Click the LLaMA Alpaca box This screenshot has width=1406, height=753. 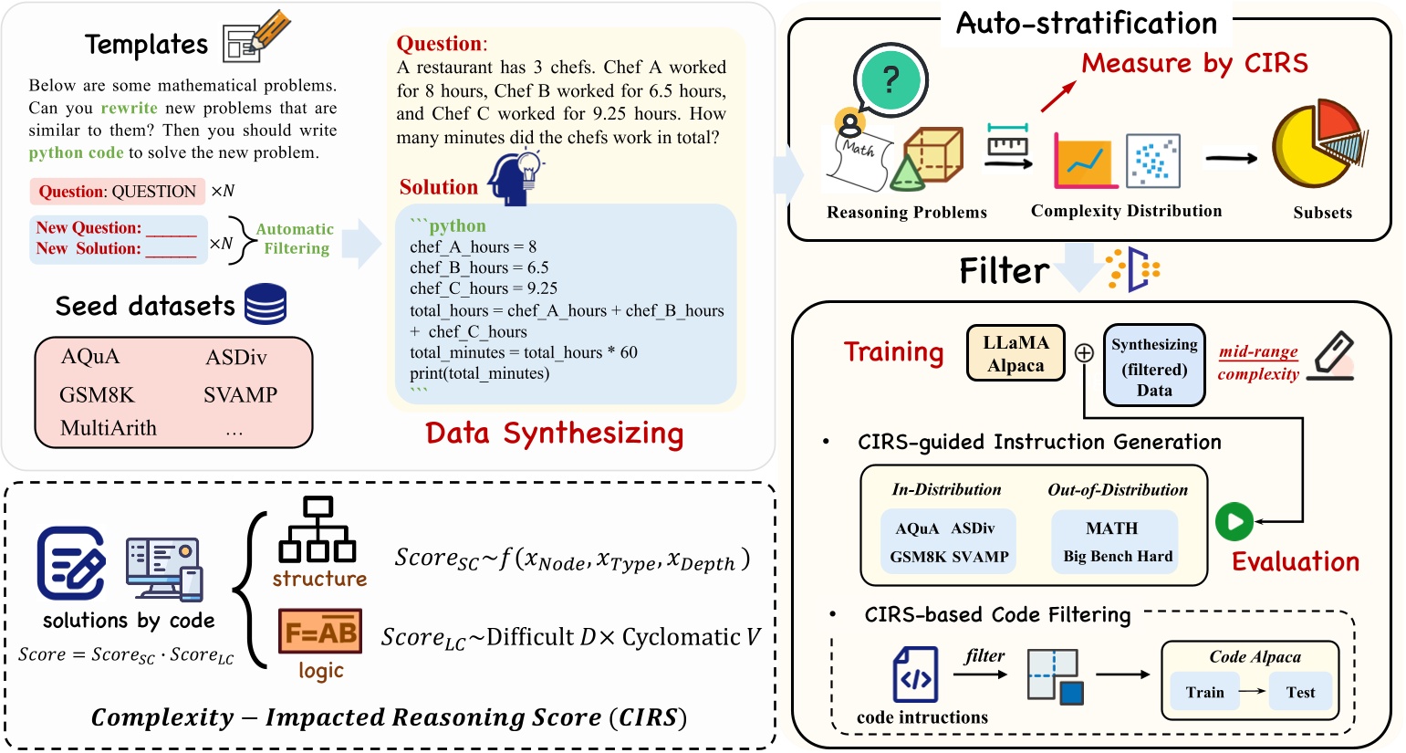coord(1015,353)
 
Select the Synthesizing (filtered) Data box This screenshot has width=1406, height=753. coord(1154,366)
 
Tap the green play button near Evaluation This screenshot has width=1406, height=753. coord(1234,522)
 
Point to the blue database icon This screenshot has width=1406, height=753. coord(266,304)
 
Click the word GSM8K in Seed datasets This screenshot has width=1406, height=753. coord(97,395)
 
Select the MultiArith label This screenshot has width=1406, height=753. coord(109,428)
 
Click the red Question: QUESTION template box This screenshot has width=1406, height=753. coord(117,192)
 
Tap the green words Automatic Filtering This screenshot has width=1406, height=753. coord(295,239)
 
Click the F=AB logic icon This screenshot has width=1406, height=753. coord(320,632)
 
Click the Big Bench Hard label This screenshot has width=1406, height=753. coord(1118,557)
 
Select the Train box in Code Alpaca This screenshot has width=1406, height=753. coord(1204,692)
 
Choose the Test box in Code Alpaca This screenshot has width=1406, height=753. coord(1300,692)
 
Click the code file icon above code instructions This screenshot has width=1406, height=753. coord(914,675)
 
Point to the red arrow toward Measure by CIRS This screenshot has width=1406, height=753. coord(1057,94)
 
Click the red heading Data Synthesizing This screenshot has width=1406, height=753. coord(554,433)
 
